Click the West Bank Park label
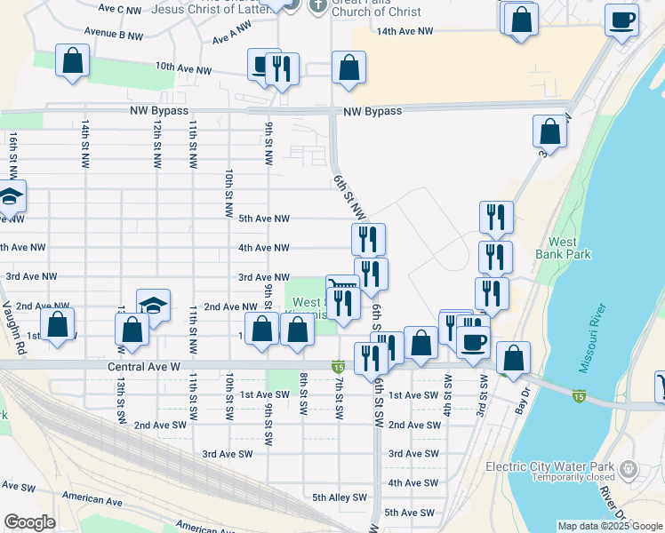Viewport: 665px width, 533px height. click(x=563, y=248)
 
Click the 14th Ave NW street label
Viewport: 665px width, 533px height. click(x=405, y=31)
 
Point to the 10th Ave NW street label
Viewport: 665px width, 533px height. click(x=184, y=68)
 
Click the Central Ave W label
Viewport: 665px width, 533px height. click(x=144, y=366)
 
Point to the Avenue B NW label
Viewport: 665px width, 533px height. click(x=114, y=36)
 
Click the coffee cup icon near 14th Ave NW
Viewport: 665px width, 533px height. click(x=621, y=19)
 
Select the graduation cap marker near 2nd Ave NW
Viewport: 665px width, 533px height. click(x=153, y=306)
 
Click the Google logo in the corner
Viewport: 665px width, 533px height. click(x=30, y=522)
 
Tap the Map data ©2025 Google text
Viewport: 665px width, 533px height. click(x=610, y=526)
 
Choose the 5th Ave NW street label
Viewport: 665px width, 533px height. click(x=264, y=219)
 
